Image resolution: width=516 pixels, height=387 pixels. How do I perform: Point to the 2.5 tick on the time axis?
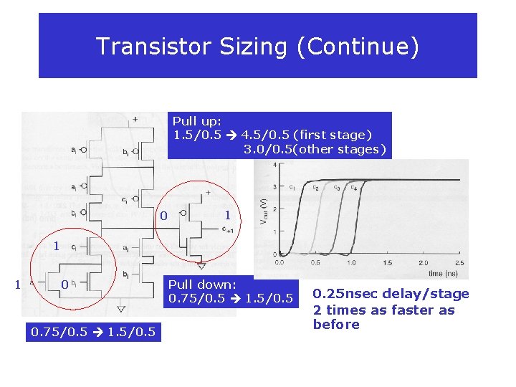[x=459, y=262]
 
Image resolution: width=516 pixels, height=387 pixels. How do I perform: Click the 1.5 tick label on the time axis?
[x=388, y=262]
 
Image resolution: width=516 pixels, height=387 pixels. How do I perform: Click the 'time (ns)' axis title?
[x=444, y=273]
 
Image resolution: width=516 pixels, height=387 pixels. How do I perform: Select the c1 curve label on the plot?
[x=292, y=187]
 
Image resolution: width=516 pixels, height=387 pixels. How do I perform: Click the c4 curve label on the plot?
[x=353, y=188]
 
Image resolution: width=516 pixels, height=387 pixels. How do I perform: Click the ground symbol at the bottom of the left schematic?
[x=120, y=309]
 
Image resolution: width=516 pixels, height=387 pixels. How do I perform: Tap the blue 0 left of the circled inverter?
[x=163, y=216]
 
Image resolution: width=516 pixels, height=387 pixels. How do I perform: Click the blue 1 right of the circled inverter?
[x=227, y=215]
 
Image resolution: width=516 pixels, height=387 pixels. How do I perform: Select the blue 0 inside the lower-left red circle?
[x=64, y=285]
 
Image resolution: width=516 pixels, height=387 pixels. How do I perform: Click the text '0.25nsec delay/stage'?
[x=391, y=294]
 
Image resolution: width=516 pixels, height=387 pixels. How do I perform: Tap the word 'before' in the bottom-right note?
[x=335, y=325]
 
